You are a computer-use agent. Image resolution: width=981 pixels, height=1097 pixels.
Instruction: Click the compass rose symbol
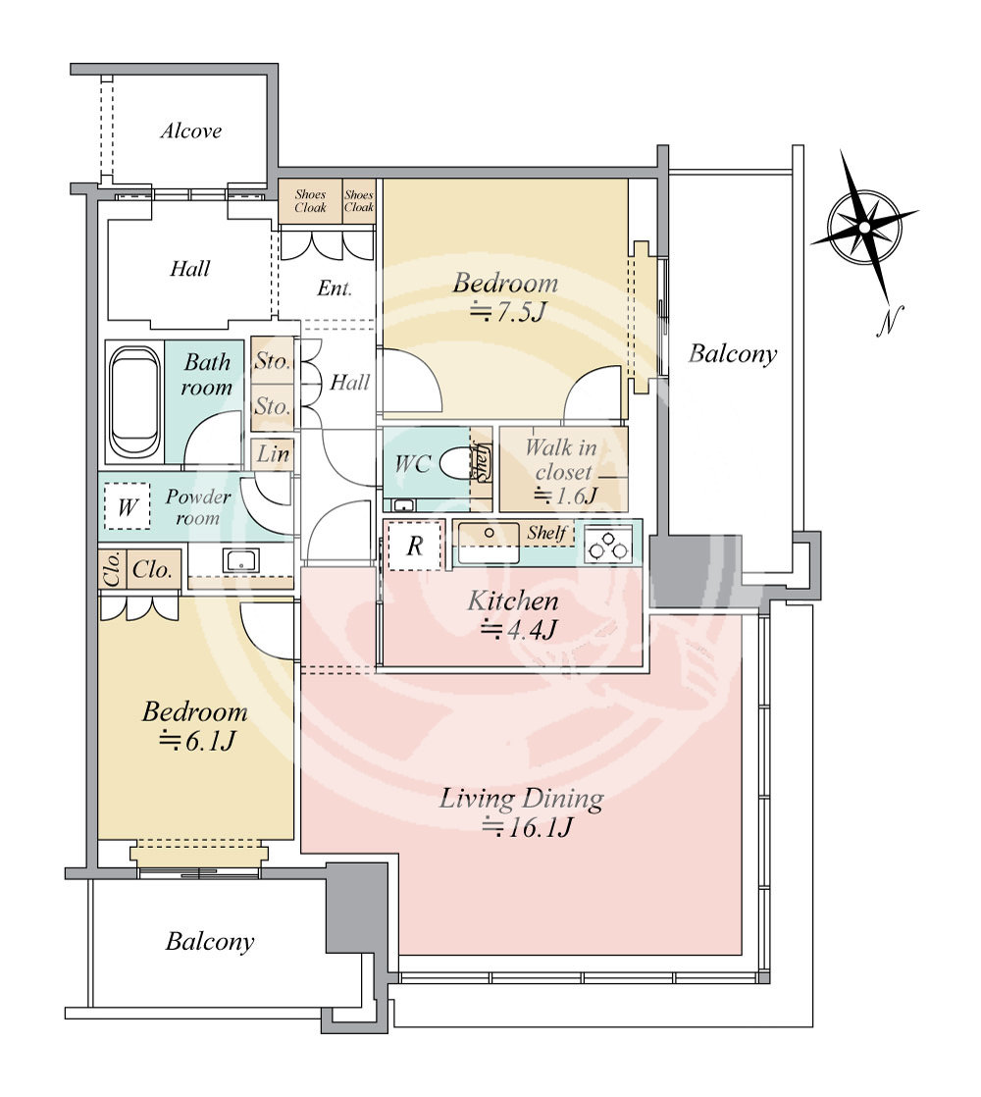tap(865, 228)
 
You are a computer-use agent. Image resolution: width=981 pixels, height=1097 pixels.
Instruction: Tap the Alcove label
tap(191, 131)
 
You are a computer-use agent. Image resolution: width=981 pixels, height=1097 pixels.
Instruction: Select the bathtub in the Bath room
tap(134, 402)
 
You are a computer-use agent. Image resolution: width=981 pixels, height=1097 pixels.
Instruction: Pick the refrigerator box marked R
tap(415, 545)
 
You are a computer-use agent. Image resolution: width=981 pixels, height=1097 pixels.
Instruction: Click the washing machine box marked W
tap(127, 505)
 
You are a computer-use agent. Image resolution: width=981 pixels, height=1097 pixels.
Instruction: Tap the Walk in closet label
tap(561, 459)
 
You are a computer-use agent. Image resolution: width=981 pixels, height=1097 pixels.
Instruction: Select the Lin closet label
tap(272, 454)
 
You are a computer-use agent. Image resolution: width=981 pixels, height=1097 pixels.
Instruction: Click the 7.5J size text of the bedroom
tap(506, 311)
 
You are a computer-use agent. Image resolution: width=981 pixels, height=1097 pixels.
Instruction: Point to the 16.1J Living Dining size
tap(528, 827)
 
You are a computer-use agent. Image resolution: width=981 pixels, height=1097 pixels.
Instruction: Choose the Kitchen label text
tap(512, 601)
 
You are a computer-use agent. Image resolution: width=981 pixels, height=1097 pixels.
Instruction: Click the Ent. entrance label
tap(335, 287)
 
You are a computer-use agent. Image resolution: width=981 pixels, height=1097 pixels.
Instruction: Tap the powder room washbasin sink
tap(240, 559)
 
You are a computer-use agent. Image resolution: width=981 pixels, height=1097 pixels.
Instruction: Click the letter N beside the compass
tap(889, 321)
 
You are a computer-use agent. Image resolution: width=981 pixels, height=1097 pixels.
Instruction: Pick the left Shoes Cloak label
tap(310, 201)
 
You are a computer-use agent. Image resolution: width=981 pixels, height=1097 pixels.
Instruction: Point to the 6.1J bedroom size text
tap(196, 740)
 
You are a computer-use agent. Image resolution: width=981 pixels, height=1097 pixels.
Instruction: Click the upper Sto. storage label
tap(272, 361)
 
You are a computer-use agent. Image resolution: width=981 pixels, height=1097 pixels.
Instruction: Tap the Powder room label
tap(197, 506)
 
